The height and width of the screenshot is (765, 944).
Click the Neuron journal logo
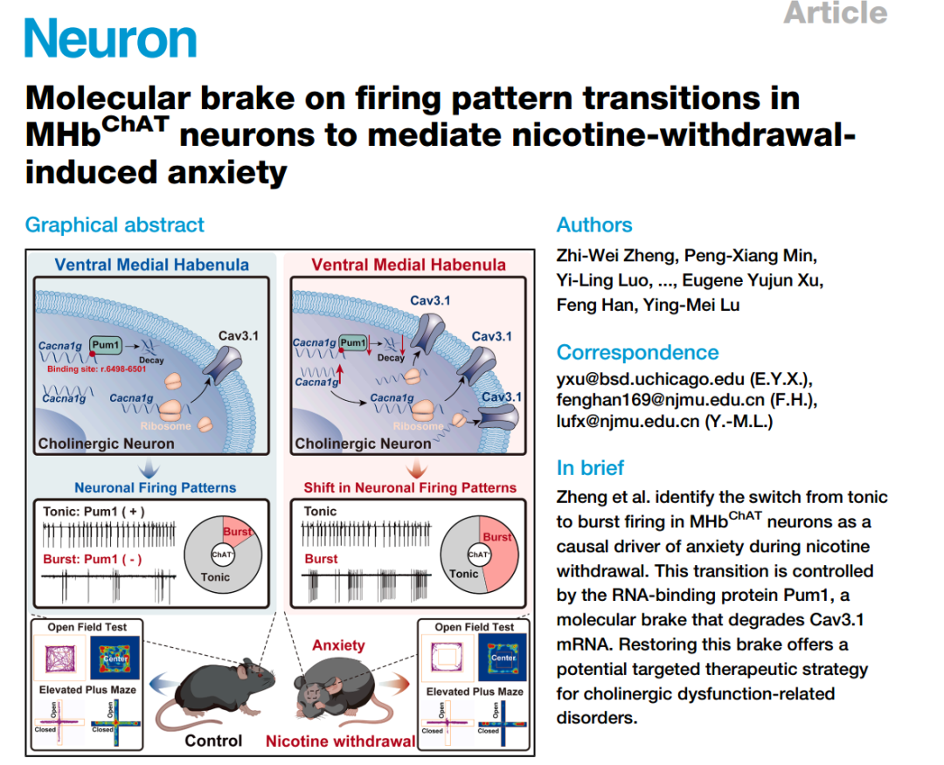[x=111, y=39]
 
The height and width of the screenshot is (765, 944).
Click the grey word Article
[x=835, y=13]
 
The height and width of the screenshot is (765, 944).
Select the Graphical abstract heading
[x=115, y=224]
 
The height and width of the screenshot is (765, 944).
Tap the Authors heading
[x=594, y=225]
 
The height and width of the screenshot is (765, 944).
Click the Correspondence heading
[x=637, y=352]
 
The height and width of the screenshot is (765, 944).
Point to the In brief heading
[x=590, y=467]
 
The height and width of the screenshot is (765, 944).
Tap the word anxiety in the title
[x=235, y=172]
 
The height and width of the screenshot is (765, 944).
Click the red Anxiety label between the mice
[x=338, y=645]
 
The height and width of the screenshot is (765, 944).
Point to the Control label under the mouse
[x=213, y=741]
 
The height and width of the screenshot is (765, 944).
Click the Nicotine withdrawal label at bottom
[x=341, y=741]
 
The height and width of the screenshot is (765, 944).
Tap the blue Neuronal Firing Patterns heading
[x=155, y=487]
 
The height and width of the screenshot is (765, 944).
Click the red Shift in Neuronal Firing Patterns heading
[x=410, y=487]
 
